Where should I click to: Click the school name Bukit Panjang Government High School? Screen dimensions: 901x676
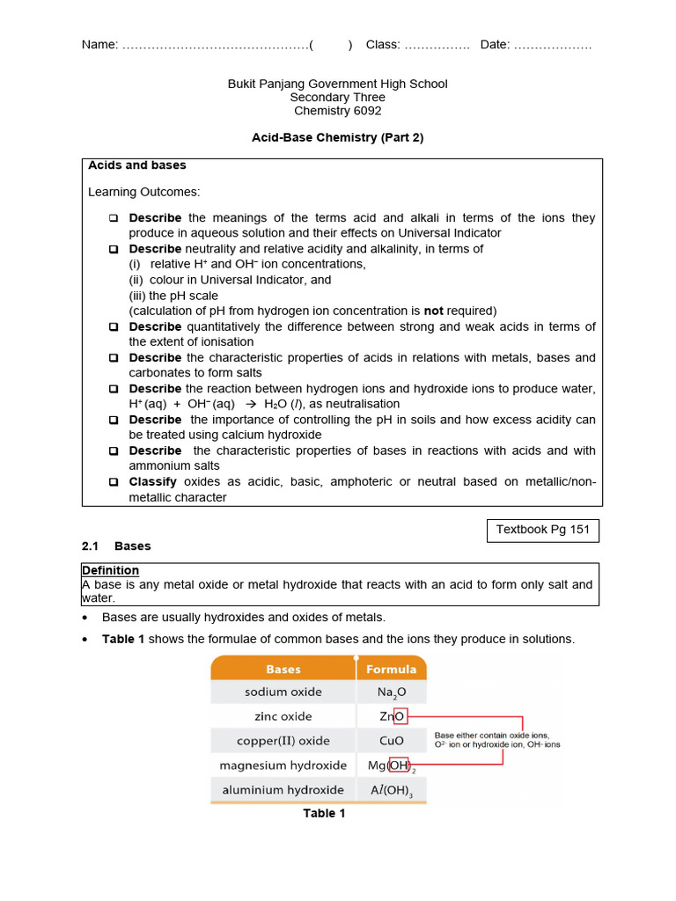[337, 84]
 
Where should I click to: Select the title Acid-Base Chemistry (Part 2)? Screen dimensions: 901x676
[337, 138]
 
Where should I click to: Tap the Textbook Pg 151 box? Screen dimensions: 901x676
[543, 531]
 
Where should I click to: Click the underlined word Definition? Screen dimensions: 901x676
[110, 570]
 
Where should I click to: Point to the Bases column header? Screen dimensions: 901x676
[283, 669]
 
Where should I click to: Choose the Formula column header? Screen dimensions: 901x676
[391, 669]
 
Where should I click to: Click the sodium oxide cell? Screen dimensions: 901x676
[283, 692]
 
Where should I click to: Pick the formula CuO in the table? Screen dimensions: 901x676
[391, 741]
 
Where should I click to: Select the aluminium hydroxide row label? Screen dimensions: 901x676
[283, 790]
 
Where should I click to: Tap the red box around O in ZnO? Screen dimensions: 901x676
[400, 717]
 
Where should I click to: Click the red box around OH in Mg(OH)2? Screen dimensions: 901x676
[399, 765]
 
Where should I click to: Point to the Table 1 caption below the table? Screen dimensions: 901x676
[324, 814]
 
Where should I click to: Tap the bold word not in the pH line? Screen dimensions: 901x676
[434, 311]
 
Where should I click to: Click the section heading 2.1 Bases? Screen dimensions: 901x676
[116, 546]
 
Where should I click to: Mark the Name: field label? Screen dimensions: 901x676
[99, 45]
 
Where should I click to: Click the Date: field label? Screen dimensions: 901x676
[495, 45]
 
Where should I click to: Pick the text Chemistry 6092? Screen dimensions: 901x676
[337, 111]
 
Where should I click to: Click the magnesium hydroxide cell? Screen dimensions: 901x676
[283, 765]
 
